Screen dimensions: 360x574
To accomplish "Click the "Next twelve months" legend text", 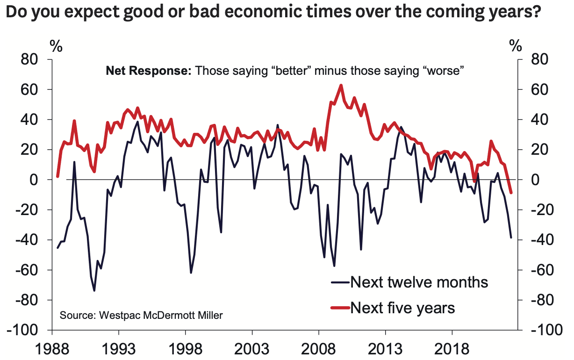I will (x=419, y=282).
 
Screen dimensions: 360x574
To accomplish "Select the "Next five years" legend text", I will (x=402, y=308).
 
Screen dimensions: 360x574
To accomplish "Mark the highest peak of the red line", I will (x=341, y=85).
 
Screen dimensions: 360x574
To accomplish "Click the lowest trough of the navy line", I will (x=94, y=291).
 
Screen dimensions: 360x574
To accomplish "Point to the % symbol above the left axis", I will (x=56, y=46).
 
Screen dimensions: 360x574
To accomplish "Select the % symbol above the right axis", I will (x=516, y=46).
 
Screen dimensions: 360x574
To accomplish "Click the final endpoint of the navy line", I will (x=511, y=238).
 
